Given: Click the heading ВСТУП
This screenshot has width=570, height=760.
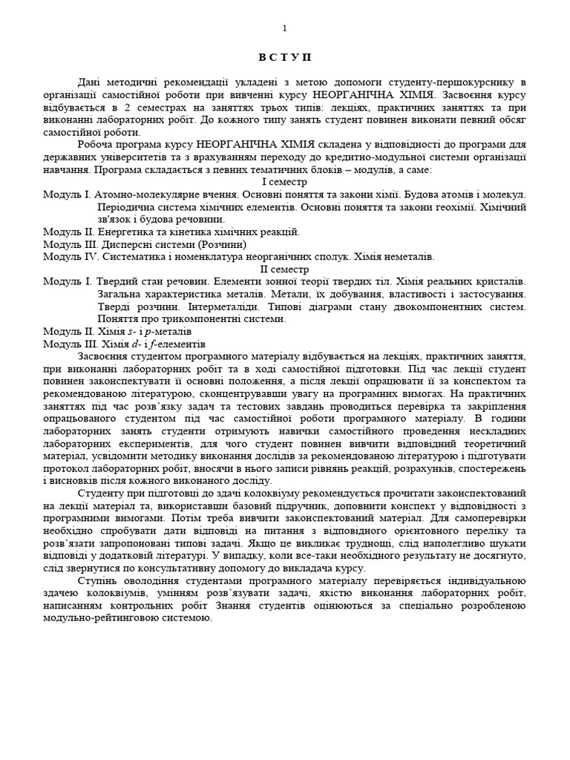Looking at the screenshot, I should tap(285, 57).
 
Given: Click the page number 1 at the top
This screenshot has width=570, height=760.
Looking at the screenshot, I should tap(285, 28).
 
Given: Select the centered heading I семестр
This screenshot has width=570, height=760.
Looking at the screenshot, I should tap(284, 182).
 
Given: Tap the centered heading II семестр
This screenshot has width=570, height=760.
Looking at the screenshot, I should tap(284, 269).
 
